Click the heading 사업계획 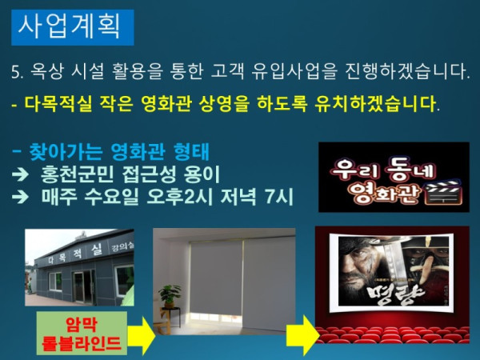(73, 26)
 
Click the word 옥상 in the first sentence (49, 74)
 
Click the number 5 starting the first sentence (16, 74)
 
